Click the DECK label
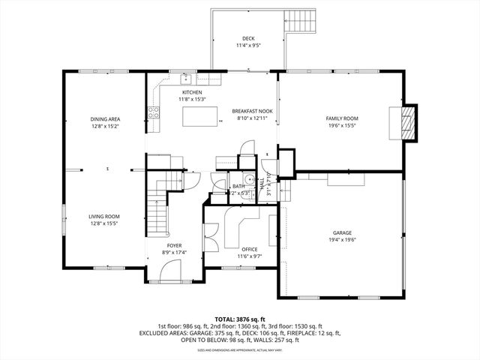click(248, 38)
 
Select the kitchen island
click(201, 116)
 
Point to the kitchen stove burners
click(154, 113)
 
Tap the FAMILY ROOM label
click(341, 118)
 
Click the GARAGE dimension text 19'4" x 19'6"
click(342, 240)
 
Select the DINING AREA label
click(106, 119)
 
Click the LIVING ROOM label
click(104, 216)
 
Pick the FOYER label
click(174, 245)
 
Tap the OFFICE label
click(250, 249)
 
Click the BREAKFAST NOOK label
click(251, 111)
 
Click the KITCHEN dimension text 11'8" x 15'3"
click(192, 99)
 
